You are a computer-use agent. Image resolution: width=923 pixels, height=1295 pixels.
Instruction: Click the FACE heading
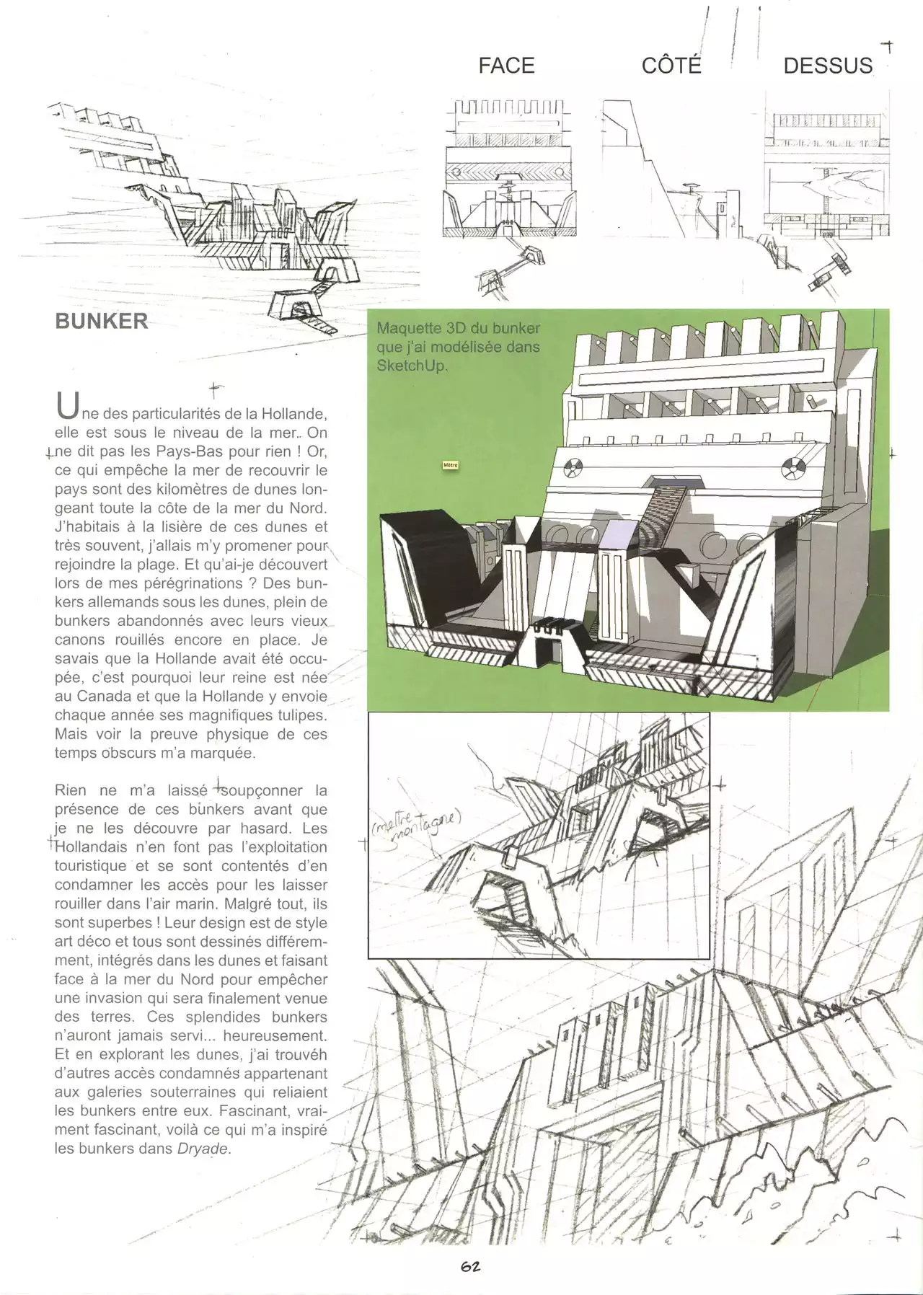506,66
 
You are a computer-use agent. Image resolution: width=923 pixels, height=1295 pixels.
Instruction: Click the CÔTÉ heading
671,66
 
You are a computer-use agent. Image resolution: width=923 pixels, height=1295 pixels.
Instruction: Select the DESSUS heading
828,66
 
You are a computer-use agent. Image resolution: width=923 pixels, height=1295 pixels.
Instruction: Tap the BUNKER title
102,321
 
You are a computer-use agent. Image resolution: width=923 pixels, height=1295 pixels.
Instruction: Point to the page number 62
471,1266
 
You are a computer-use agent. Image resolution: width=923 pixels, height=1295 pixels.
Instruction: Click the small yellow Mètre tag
451,465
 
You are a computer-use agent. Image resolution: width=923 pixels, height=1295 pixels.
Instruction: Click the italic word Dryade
203,1149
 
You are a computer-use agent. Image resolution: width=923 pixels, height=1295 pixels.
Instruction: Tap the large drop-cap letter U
66,407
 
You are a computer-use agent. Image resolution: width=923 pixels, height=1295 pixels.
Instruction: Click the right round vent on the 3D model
792,469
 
